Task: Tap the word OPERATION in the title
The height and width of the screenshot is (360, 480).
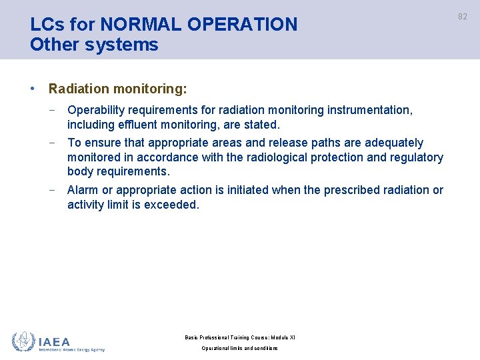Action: click(242, 25)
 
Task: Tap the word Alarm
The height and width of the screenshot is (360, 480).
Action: click(83, 190)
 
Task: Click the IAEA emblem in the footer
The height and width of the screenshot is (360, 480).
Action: click(23, 341)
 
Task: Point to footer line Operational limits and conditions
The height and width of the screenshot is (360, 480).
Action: click(239, 349)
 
